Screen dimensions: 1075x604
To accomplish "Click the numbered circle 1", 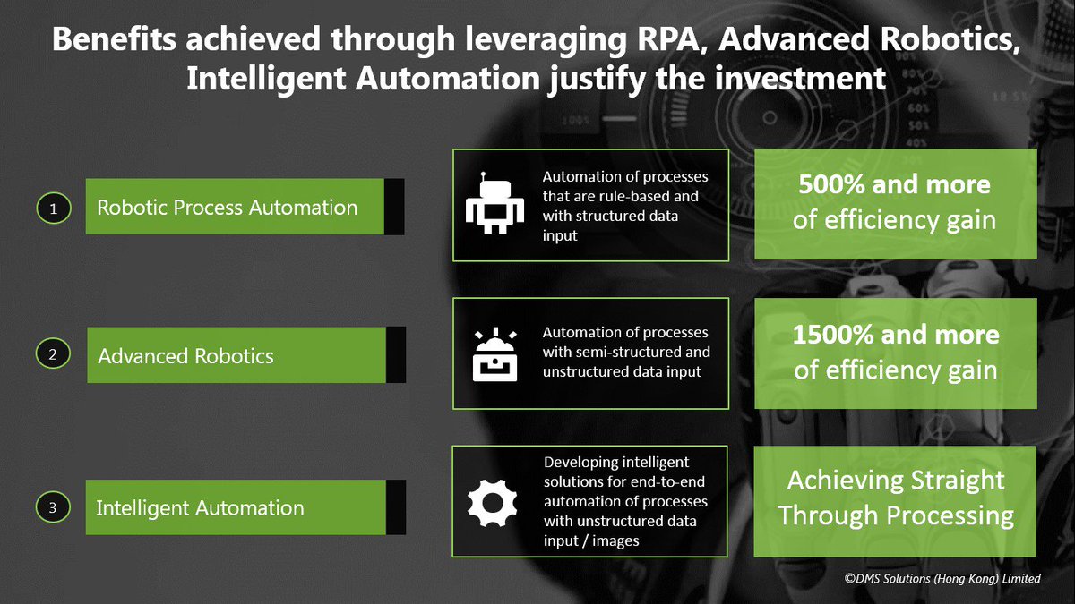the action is point(53,208).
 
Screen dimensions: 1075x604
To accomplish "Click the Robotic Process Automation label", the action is point(228,208).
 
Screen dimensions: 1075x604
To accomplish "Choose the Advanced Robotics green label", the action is point(186,355).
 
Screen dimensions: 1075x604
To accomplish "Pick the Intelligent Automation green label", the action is point(201,508).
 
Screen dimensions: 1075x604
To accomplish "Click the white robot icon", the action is point(492,204).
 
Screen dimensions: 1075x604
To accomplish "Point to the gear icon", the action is point(492,504).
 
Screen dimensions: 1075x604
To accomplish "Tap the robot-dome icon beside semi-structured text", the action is point(492,353).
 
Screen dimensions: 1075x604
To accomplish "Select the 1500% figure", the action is point(833,335).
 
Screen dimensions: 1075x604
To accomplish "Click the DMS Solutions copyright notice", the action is point(942,579).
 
